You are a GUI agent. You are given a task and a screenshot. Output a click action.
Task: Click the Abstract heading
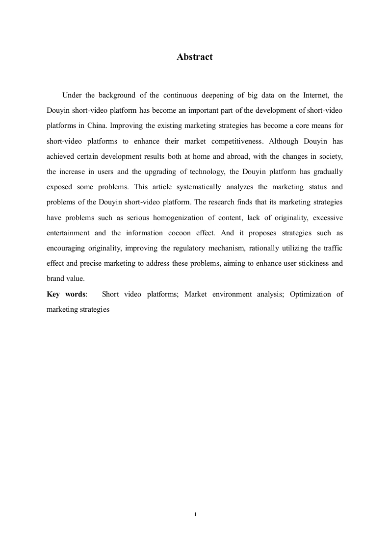[x=194, y=57]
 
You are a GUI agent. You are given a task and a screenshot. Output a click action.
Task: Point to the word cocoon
[x=175, y=233]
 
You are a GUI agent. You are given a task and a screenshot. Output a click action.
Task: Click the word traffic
[x=333, y=248]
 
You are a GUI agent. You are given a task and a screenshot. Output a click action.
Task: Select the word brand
[x=55, y=278]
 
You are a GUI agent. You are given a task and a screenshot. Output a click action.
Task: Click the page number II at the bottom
[x=194, y=514]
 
